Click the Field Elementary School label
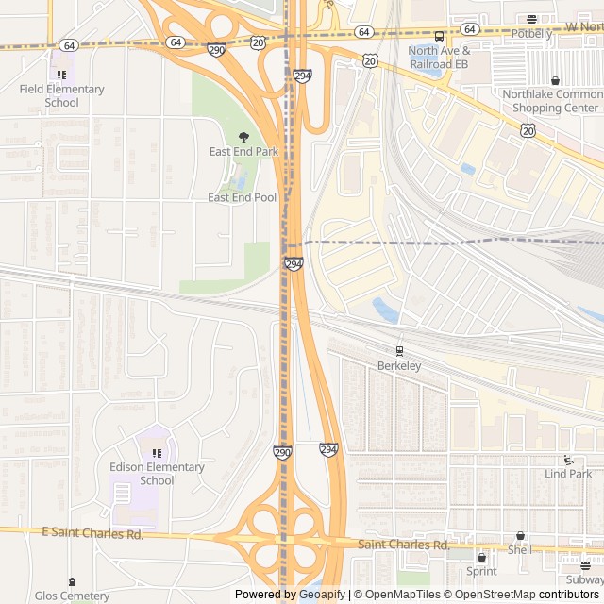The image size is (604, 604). point(61,96)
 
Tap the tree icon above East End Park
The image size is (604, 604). point(243,137)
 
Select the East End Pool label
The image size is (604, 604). point(243,197)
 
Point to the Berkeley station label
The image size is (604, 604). point(398,365)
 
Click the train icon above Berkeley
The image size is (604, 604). point(399,351)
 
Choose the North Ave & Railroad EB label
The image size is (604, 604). point(439,57)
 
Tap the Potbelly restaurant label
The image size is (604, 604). point(531,33)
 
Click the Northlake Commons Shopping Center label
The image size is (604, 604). point(551,101)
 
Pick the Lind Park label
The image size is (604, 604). point(568,474)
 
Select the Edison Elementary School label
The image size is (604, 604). point(157,474)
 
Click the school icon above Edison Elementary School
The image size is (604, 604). point(157,453)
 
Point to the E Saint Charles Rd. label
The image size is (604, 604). point(92,534)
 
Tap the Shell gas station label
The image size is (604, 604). point(520,550)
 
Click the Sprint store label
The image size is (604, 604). point(481,571)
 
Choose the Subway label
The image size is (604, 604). point(585,579)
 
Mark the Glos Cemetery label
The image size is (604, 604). point(73,596)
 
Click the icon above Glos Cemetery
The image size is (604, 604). point(73,581)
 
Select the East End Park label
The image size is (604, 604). point(243,151)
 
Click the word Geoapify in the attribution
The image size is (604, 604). point(320,595)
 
